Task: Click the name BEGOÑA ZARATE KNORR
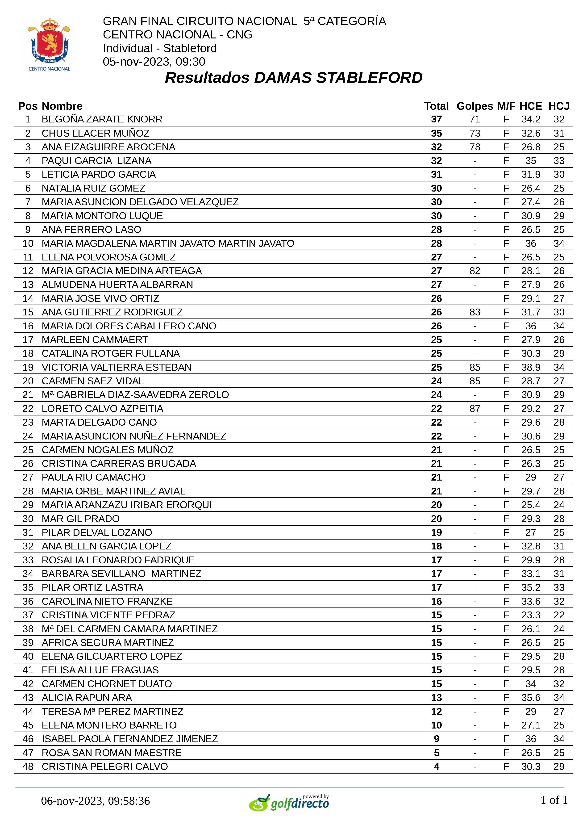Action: coord(102,119)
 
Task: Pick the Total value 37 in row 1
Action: coord(436,119)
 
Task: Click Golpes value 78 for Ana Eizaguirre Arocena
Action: coord(475,147)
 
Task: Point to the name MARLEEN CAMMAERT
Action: coord(95,340)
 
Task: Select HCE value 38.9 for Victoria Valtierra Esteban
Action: coord(531,367)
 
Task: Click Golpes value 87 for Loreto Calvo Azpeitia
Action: coord(475,409)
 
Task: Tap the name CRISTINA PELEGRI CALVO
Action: coord(105,766)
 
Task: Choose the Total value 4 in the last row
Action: coord(436,766)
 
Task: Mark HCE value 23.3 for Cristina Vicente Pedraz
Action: coord(531,615)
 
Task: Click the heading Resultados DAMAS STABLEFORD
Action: coord(293,78)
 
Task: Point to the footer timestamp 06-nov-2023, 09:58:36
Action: coord(96,801)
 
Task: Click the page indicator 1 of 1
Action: coord(554,800)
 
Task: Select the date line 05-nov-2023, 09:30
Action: coord(154,62)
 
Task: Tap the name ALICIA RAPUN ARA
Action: coord(87,698)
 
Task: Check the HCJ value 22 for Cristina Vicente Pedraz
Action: coord(558,615)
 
